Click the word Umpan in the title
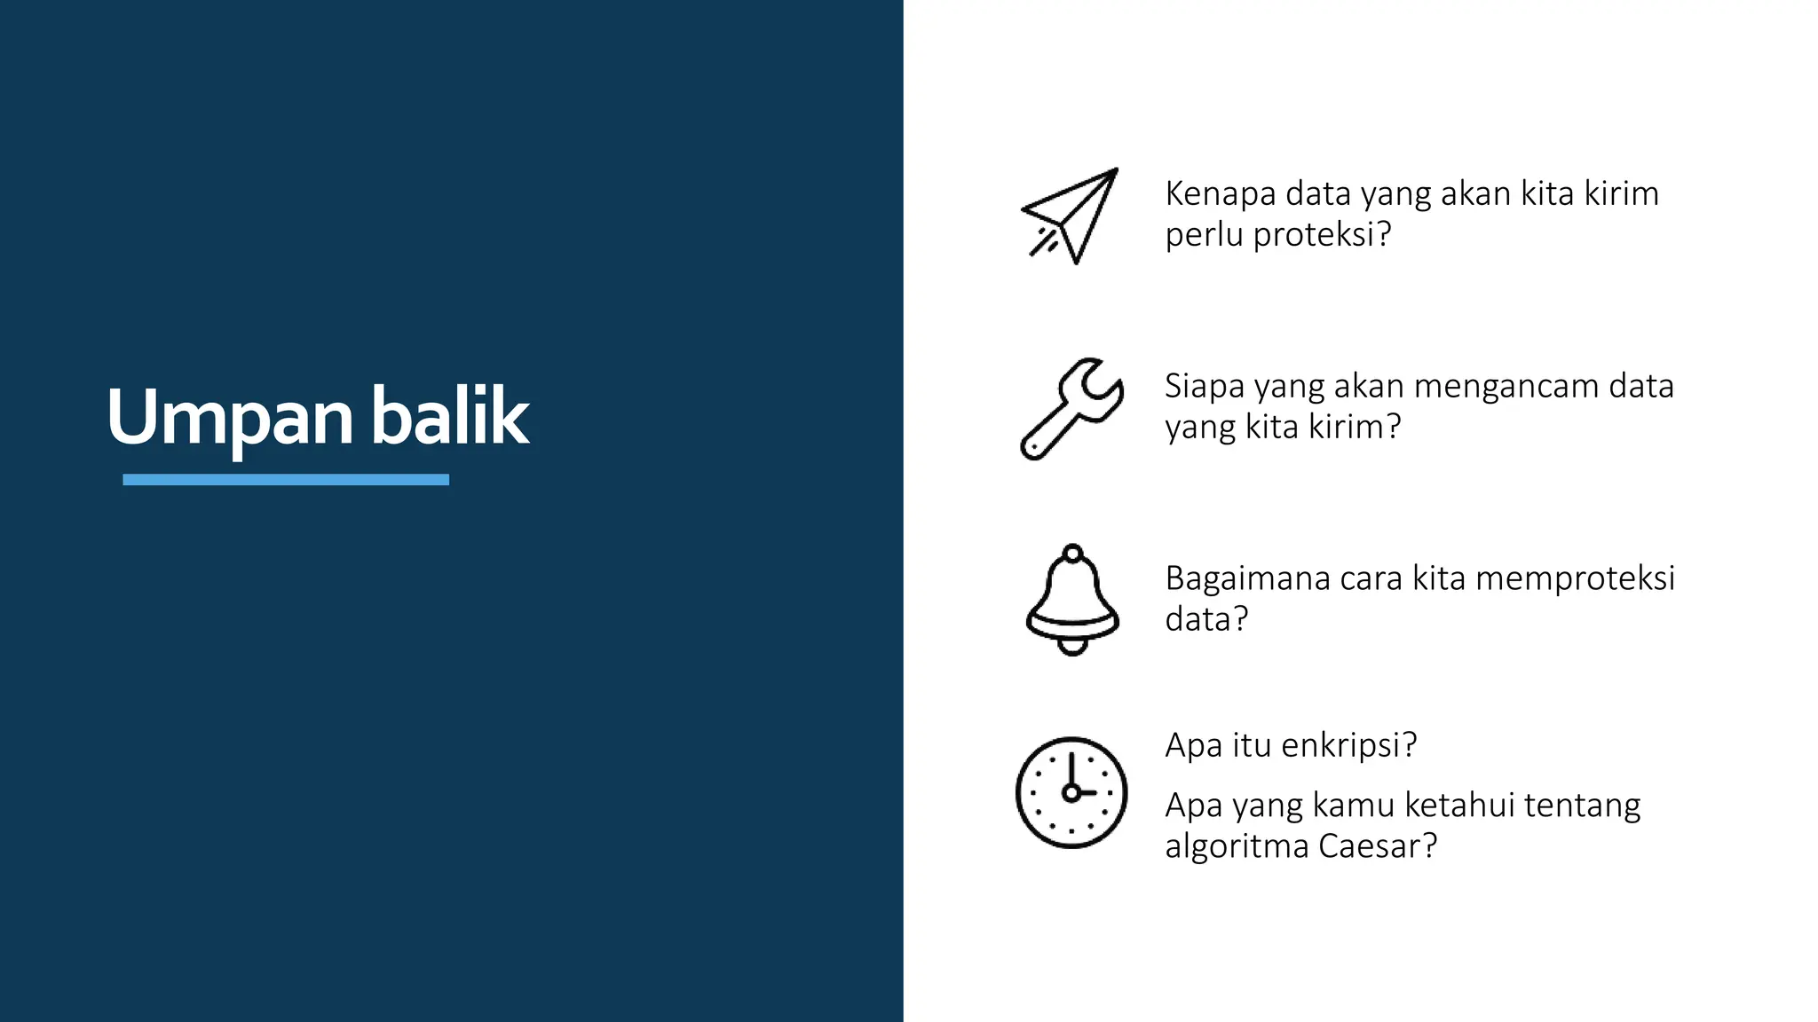point(229,417)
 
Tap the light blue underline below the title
point(285,480)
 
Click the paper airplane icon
point(1071,216)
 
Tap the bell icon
point(1072,598)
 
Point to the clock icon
point(1071,792)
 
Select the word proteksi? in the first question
point(1322,235)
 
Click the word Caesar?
point(1377,846)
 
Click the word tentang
point(1582,806)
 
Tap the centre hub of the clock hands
point(1071,793)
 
